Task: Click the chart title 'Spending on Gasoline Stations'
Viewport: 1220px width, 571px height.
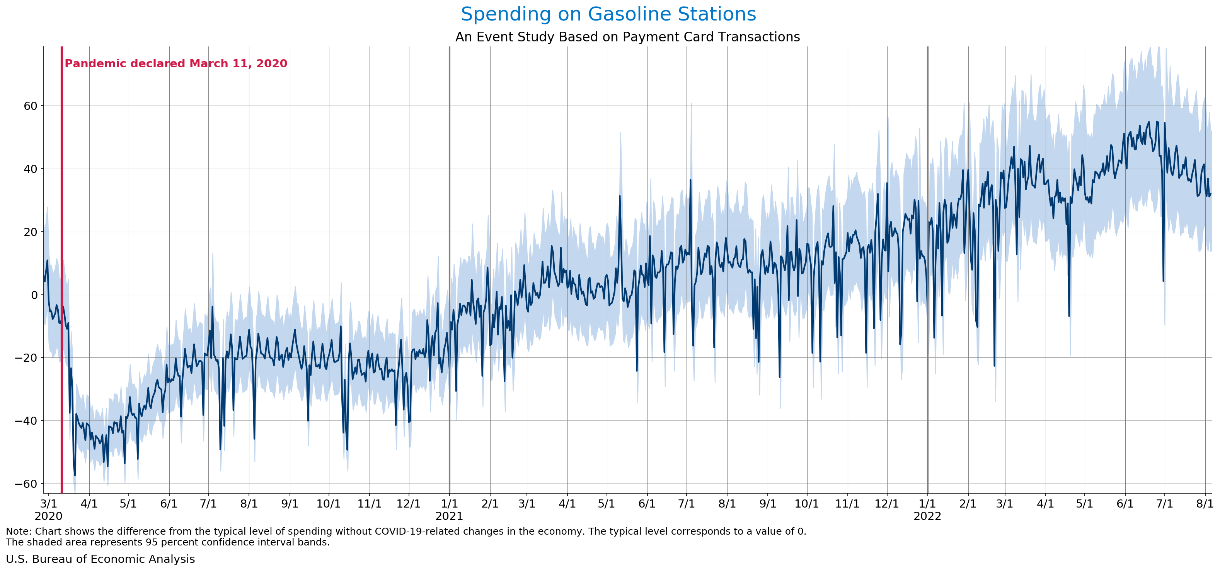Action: pos(608,14)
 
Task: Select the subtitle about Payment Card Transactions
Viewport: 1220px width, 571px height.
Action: pos(627,37)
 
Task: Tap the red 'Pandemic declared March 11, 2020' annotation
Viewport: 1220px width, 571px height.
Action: pos(176,63)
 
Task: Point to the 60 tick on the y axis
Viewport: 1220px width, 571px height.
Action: pos(30,106)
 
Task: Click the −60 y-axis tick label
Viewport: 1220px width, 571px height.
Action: pos(26,484)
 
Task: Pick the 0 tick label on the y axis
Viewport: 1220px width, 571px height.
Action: pos(34,295)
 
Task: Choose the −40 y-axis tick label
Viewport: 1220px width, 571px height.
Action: pos(26,421)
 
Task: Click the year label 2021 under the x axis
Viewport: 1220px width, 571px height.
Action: pos(449,516)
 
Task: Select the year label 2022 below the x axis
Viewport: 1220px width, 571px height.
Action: pos(927,516)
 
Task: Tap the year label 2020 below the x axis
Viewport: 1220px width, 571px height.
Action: pos(48,516)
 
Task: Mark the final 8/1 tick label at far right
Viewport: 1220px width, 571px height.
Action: pos(1205,504)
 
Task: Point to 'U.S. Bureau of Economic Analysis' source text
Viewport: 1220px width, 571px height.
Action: pos(101,559)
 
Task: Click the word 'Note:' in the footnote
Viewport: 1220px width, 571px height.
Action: pos(19,531)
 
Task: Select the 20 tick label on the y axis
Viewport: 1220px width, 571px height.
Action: pos(30,232)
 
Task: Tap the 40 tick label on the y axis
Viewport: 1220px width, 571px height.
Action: pos(30,169)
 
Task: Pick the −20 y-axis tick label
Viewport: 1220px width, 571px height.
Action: pos(26,358)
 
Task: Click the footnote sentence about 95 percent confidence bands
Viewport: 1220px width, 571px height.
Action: pos(168,542)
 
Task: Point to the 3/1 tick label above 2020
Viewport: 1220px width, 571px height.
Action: pos(48,504)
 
